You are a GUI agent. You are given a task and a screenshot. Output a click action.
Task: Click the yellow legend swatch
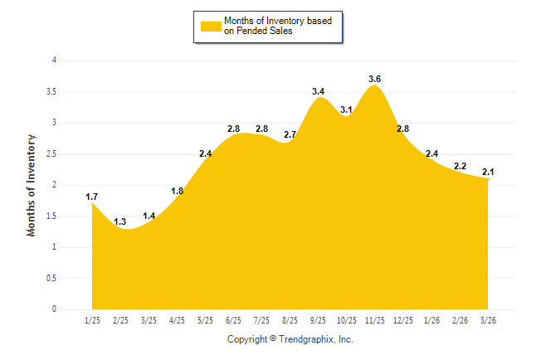[210, 26]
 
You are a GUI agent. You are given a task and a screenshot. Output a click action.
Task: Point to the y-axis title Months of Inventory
[32, 185]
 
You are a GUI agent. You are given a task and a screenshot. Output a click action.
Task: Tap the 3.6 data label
[375, 79]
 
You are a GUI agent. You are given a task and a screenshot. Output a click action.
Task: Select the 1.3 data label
[120, 221]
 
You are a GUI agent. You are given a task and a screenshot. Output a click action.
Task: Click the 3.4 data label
[319, 91]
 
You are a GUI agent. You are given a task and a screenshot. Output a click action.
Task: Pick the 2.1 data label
[488, 172]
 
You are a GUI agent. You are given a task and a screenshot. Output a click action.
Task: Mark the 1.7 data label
[92, 197]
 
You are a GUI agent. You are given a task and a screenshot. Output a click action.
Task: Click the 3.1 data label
[347, 109]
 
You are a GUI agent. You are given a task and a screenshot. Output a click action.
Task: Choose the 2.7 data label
[290, 134]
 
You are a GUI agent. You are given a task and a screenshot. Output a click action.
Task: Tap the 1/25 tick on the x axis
[92, 320]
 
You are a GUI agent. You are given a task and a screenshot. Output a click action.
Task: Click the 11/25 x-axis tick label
[375, 320]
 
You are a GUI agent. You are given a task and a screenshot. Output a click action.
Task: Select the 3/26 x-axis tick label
[488, 320]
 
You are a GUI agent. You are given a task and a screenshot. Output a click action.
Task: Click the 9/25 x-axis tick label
[319, 320]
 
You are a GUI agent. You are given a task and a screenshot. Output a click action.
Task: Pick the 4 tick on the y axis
[54, 61]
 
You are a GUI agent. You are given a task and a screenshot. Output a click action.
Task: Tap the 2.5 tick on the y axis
[51, 154]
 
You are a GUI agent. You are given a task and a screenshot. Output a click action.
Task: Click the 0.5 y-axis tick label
[51, 279]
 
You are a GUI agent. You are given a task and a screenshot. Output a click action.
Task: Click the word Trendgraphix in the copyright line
[308, 339]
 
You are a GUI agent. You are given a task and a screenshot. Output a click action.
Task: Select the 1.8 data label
[177, 191]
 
